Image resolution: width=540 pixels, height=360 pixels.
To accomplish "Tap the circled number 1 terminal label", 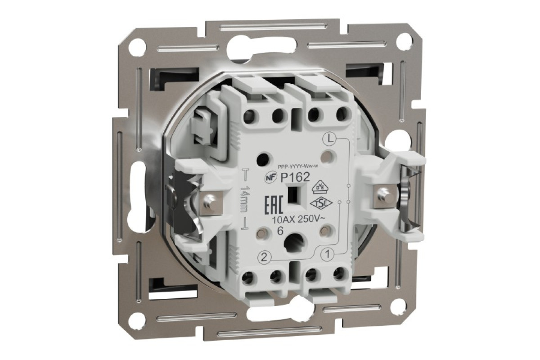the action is [x=328, y=253].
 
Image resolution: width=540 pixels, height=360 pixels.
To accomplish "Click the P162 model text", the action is [x=295, y=178].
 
